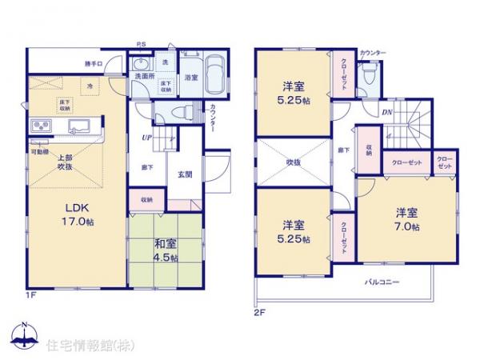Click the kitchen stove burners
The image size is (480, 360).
pos(40,126)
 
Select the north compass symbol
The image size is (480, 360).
pos(26,334)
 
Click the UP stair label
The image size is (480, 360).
pos(147,138)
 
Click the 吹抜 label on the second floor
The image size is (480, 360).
pos(293,162)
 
